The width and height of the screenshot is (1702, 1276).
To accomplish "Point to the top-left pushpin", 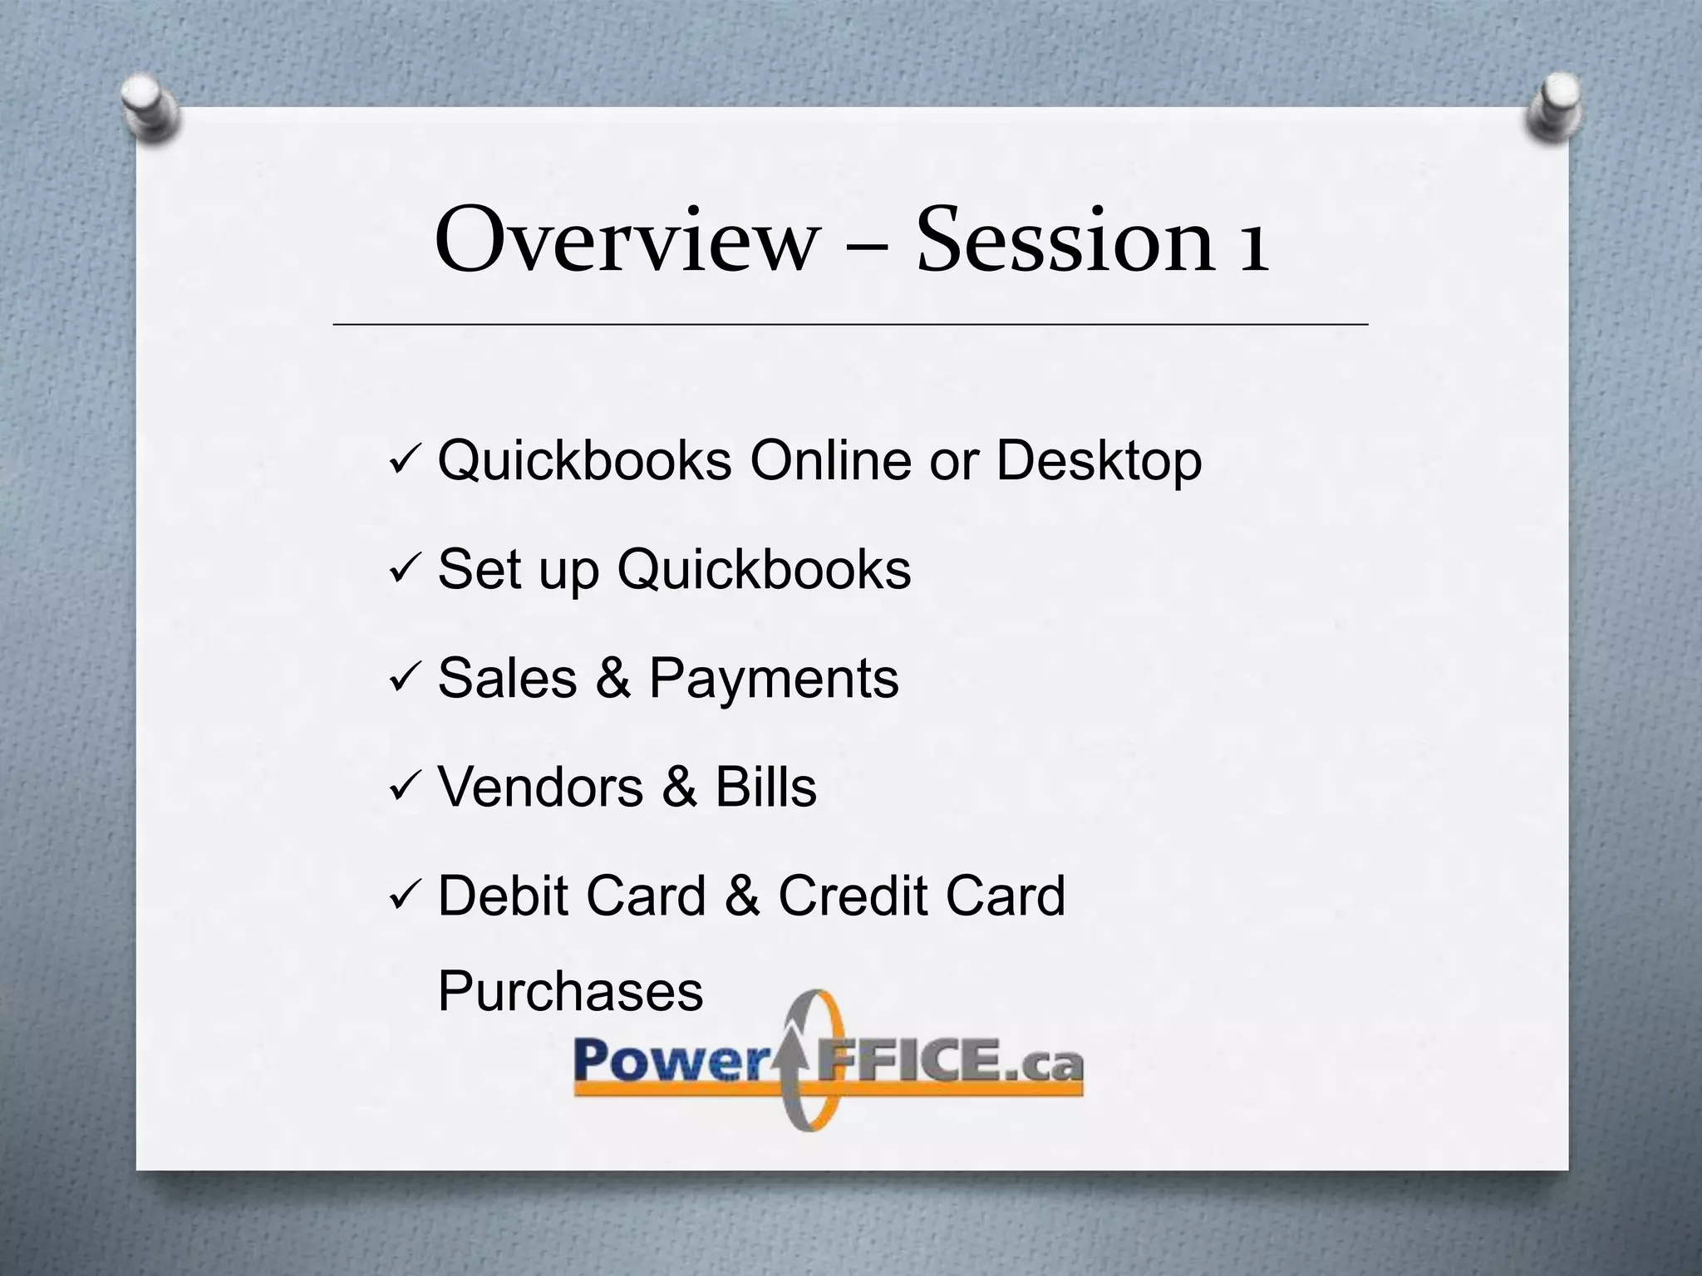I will (x=150, y=108).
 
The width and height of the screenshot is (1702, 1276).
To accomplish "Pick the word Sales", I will (x=507, y=678).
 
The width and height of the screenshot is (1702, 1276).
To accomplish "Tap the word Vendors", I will (x=540, y=787).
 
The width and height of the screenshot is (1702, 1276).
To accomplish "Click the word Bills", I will (x=765, y=787).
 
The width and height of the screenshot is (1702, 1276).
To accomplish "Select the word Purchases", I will (x=570, y=991).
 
